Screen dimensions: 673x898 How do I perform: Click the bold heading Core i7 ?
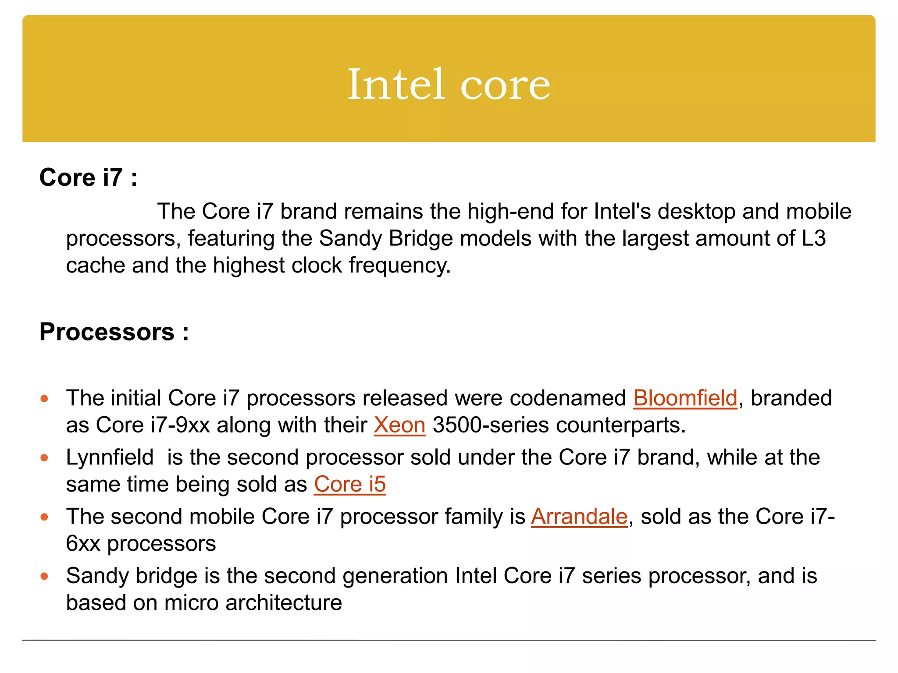coord(88,177)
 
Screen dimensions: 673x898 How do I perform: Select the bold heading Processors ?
coord(114,332)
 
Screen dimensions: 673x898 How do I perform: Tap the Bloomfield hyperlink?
coord(685,398)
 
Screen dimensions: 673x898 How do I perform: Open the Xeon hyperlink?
coord(399,425)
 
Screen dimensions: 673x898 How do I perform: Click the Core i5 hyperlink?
coord(349,484)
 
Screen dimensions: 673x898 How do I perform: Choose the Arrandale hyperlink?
coord(579,517)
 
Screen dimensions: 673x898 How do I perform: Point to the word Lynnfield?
coord(110,457)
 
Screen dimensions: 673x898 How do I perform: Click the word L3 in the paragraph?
coord(814,238)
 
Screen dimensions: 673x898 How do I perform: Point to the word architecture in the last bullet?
coord(284,603)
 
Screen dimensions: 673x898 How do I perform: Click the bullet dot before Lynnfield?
coord(44,458)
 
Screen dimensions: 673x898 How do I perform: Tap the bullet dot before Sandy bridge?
coord(44,577)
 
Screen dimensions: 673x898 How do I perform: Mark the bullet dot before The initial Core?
coord(44,399)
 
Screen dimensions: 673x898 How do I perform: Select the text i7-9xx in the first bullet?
coord(180,425)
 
